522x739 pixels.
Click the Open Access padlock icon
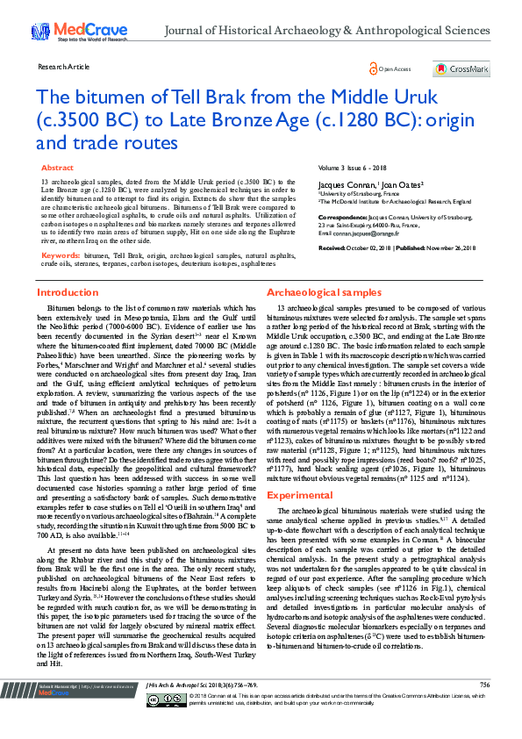(x=374, y=68)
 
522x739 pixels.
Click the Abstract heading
(x=57, y=167)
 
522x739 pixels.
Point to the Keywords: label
(x=61, y=232)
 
